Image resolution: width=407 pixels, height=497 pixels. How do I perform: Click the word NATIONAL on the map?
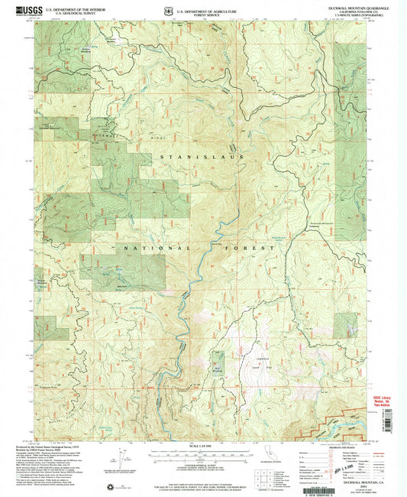point(143,248)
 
